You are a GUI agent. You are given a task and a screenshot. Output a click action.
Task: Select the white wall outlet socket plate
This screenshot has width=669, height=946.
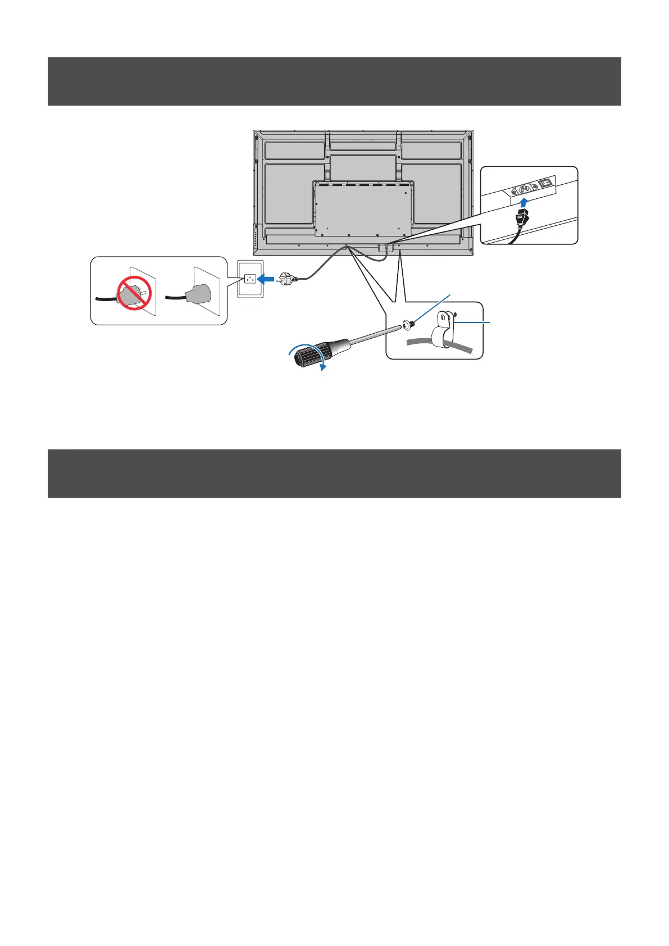tap(250, 278)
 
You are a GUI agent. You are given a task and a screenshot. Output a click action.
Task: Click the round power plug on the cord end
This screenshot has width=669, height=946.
tap(286, 277)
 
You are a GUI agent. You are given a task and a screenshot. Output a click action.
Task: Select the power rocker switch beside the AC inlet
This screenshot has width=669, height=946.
tap(545, 183)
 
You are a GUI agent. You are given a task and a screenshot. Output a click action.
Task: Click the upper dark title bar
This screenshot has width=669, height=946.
tap(334, 81)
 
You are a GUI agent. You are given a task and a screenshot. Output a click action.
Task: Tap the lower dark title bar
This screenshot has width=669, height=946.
tap(334, 473)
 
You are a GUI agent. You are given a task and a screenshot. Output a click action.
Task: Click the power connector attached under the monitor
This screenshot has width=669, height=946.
tap(383, 248)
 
